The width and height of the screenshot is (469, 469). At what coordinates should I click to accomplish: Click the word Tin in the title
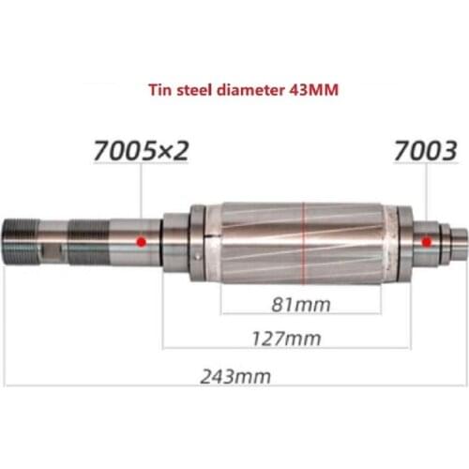pyautogui.click(x=162, y=92)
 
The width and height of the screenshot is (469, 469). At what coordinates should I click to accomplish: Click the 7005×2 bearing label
pyautogui.click(x=140, y=149)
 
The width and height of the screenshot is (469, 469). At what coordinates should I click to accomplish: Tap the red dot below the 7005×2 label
pyautogui.click(x=141, y=241)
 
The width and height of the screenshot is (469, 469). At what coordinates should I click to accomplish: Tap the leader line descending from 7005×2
pyautogui.click(x=141, y=202)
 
